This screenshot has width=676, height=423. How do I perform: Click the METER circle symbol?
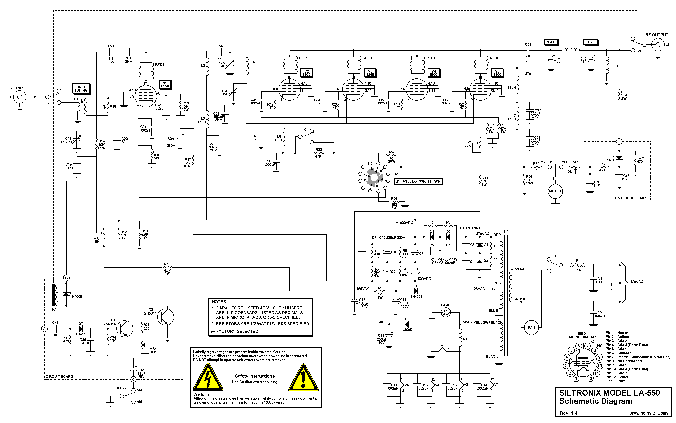(555, 191)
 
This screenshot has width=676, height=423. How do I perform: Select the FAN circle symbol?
(531, 328)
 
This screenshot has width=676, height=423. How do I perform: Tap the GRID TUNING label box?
(81, 89)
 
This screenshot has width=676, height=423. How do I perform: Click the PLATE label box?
(551, 42)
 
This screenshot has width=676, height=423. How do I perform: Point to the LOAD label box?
(590, 42)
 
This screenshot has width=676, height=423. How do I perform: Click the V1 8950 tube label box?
(165, 84)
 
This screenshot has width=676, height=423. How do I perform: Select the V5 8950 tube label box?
(497, 73)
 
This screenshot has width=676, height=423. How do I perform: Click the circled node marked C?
(134, 379)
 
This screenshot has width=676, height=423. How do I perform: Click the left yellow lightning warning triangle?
(208, 378)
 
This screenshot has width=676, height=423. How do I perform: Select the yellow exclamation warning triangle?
(303, 378)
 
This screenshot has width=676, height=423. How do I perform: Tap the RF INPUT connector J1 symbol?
(20, 97)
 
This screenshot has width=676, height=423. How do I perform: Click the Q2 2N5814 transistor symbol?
(165, 317)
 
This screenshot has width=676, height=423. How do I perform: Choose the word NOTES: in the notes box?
(219, 302)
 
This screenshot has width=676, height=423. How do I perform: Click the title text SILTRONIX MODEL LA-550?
(609, 393)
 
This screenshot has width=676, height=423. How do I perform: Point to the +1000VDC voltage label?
(404, 223)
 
